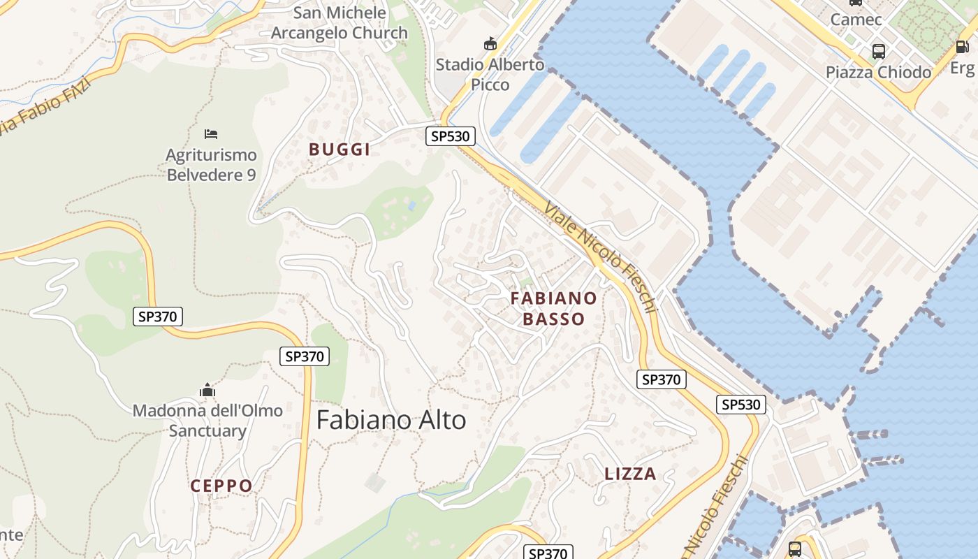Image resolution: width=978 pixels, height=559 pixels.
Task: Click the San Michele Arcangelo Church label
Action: coord(340,22)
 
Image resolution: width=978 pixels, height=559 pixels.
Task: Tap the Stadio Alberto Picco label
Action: coord(490,74)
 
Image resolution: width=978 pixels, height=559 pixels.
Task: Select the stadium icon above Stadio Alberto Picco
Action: coord(490,43)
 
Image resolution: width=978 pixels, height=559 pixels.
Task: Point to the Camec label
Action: coord(856,19)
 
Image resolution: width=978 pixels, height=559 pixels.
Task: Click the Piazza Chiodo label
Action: coord(878,72)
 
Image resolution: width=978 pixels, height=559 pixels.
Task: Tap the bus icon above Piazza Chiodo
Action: coord(878,51)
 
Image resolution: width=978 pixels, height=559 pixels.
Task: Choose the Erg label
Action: coord(962,68)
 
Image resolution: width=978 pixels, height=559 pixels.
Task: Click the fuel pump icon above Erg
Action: coord(962,47)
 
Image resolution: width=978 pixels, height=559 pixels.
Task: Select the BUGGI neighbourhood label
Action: coord(340,149)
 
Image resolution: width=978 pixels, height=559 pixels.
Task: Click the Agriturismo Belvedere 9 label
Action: coord(211,165)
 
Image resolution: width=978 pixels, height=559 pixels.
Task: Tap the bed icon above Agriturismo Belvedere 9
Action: coord(211,133)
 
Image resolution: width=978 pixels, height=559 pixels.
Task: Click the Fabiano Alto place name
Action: coord(391,420)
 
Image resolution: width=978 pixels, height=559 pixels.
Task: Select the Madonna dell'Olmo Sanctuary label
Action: coord(207,420)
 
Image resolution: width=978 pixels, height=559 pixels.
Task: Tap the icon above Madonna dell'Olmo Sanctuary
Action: coord(207,390)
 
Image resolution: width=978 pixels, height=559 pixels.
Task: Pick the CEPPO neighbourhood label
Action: coord(221,486)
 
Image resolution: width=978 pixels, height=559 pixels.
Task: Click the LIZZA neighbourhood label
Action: coord(630,474)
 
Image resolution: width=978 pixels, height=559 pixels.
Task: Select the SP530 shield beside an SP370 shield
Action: coord(740,405)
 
